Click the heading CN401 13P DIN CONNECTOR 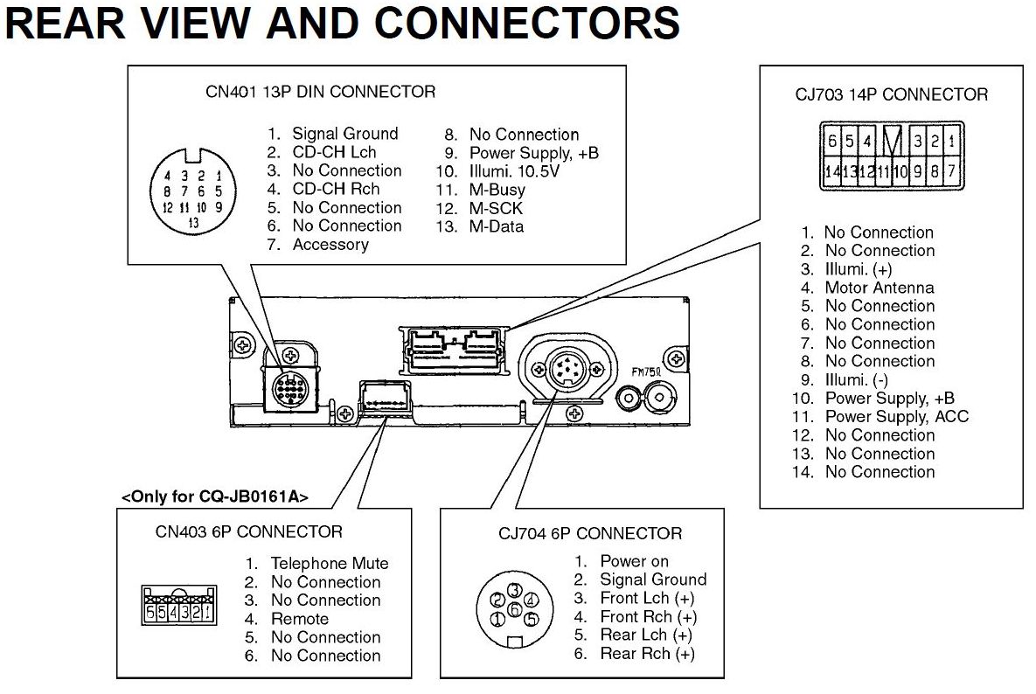click(x=320, y=92)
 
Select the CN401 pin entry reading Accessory click(x=330, y=245)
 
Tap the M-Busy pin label click(x=497, y=190)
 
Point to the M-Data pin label click(x=496, y=226)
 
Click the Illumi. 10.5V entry click(x=514, y=171)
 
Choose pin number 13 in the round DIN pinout click(x=192, y=224)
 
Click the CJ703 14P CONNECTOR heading click(x=891, y=94)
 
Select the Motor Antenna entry click(x=879, y=288)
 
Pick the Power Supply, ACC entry click(x=896, y=417)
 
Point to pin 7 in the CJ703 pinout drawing click(x=951, y=171)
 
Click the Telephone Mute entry click(x=329, y=564)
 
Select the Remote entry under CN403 click(x=300, y=619)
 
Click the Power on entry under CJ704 click(x=634, y=561)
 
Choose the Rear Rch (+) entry click(x=646, y=654)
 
